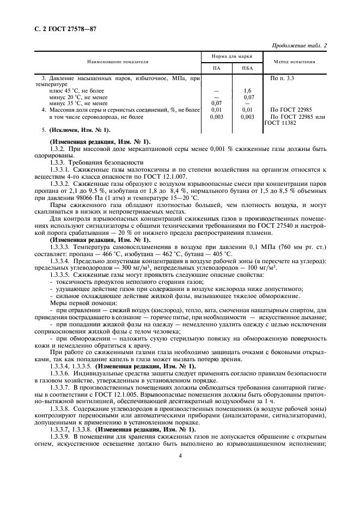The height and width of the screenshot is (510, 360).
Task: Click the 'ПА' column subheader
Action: tap(217, 68)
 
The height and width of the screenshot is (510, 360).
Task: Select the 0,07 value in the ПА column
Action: tap(217, 103)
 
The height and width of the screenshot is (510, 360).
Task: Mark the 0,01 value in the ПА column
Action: tap(217, 110)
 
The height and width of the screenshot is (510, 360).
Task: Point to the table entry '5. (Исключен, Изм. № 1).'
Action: tap(76, 130)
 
